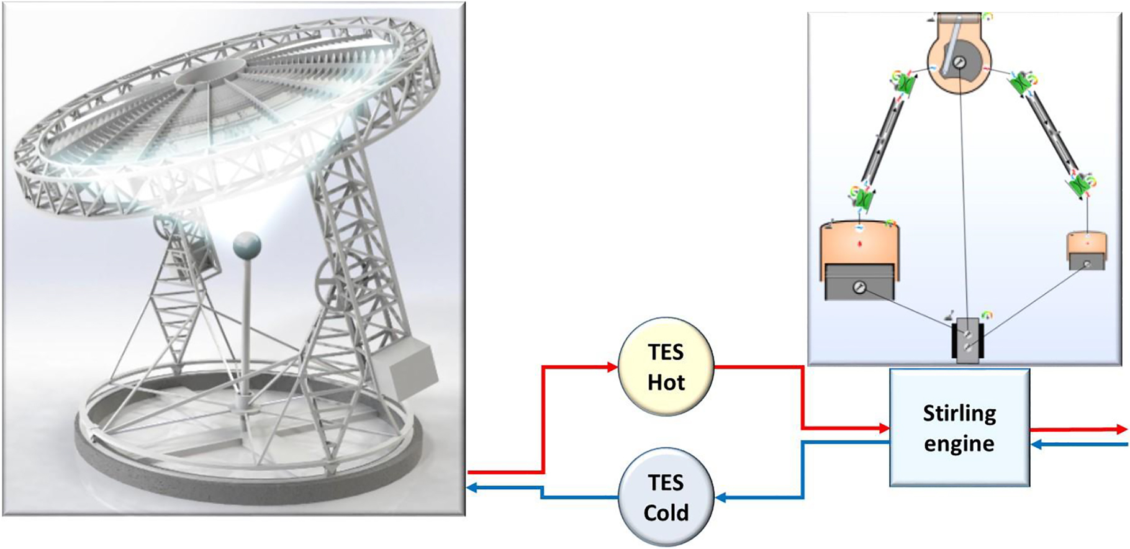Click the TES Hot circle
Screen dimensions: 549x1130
tap(666, 366)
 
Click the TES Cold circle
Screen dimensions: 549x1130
tap(666, 497)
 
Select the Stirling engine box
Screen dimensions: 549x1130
tap(959, 428)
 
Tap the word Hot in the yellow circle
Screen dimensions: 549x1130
tap(666, 383)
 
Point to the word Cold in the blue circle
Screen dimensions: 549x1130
tap(666, 513)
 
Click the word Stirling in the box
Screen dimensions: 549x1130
tap(959, 413)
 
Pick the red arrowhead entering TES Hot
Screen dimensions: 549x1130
tap(612, 367)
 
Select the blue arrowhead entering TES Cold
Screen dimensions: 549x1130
tap(720, 497)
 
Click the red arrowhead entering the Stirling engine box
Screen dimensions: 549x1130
tap(884, 428)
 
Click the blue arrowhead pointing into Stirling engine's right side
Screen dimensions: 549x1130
tap(1036, 444)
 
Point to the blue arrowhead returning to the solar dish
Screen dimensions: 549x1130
tap(472, 488)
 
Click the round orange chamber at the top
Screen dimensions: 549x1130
tap(959, 62)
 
